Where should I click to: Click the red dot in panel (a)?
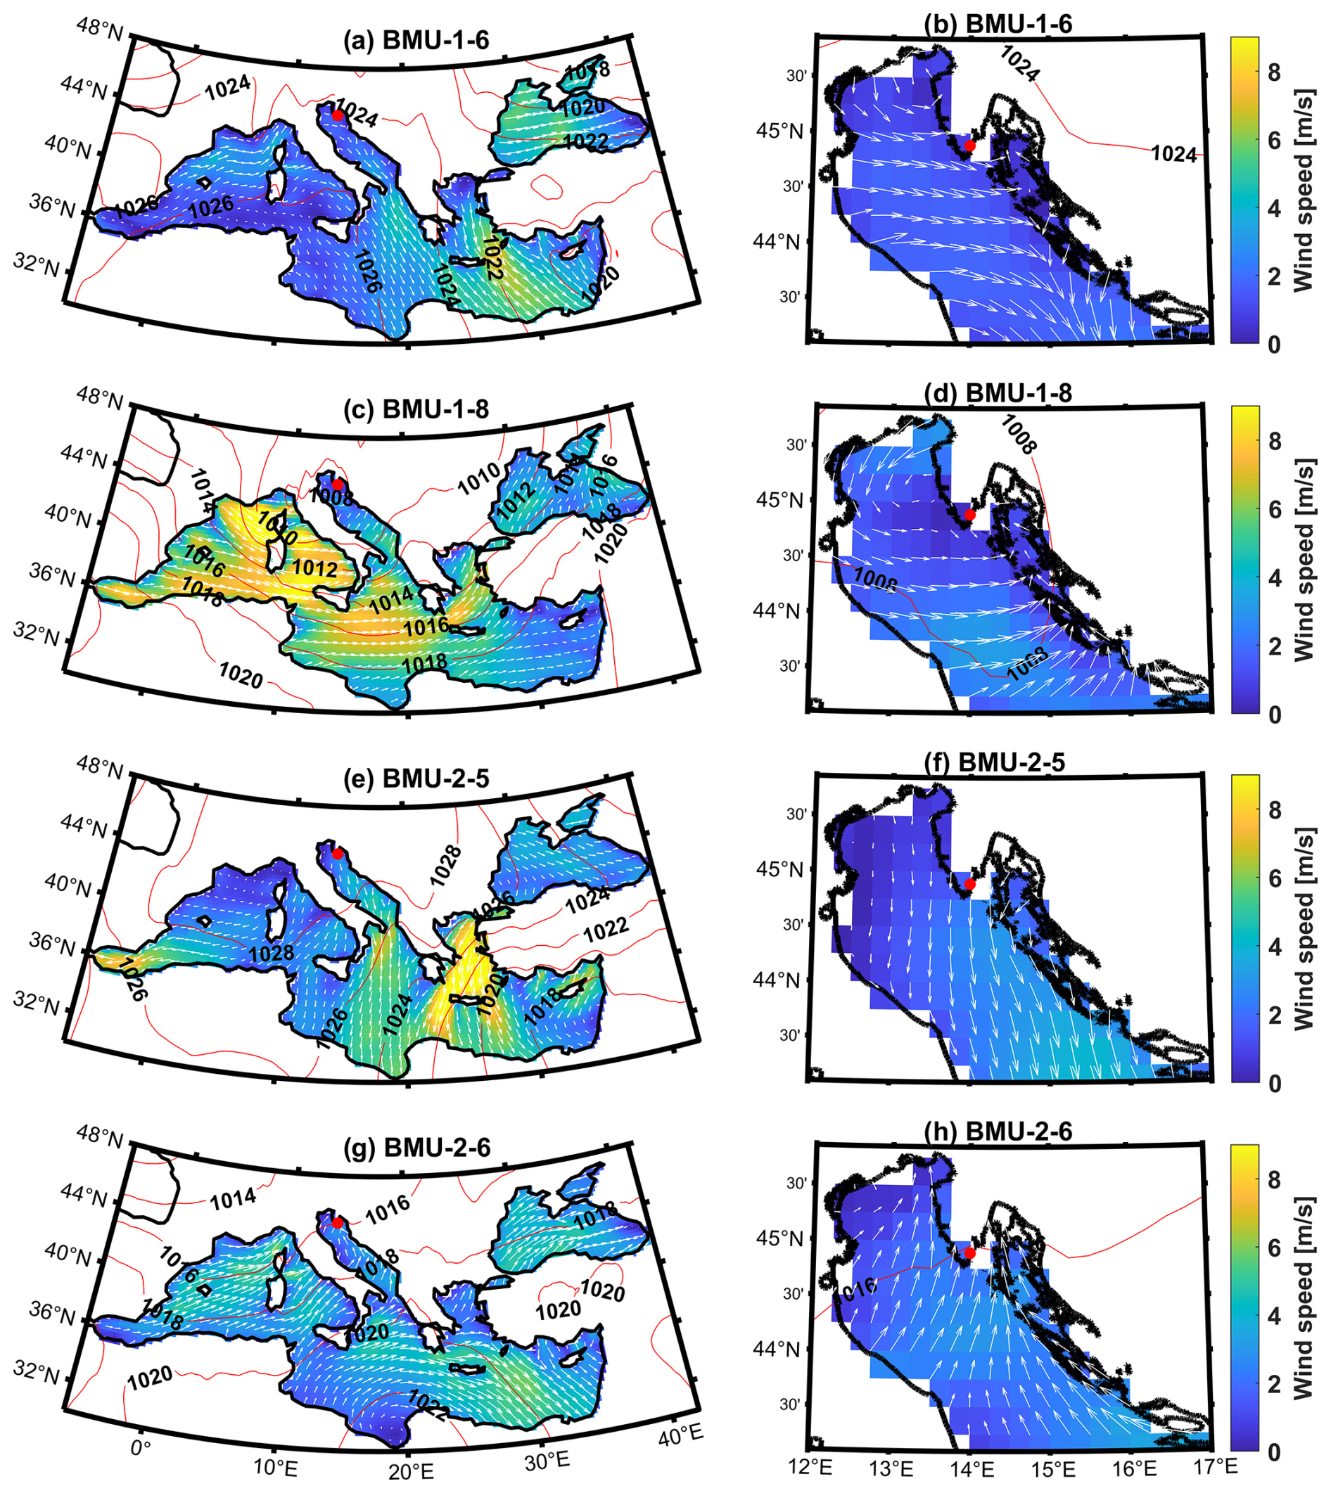point(337,115)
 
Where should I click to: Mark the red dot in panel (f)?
point(969,884)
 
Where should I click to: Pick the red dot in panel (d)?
point(969,515)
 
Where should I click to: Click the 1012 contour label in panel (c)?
point(314,568)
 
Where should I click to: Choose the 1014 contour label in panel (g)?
point(233,1198)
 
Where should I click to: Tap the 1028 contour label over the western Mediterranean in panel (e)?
point(271,953)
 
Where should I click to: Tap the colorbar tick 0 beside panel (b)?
point(1274,345)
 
